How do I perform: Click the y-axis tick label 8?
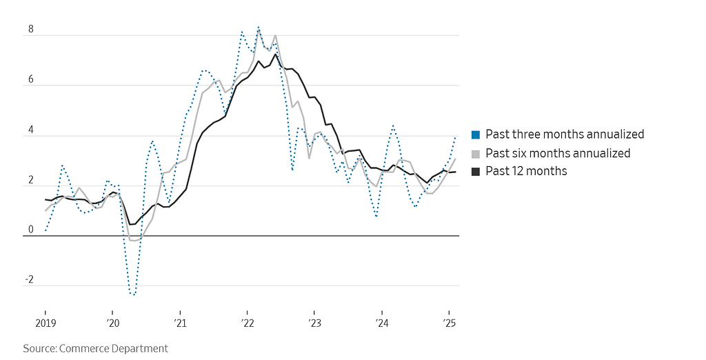(30, 30)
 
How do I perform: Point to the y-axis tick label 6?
(30, 79)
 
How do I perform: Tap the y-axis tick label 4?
(30, 130)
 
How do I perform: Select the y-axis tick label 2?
(30, 180)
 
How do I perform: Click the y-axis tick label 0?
(30, 230)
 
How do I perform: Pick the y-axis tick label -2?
(30, 280)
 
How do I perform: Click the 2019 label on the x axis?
(45, 322)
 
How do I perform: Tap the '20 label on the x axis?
(112, 322)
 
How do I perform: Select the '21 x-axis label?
(179, 322)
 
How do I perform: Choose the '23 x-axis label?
(314, 322)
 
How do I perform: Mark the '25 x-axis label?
(448, 322)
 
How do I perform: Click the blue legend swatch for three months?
(476, 134)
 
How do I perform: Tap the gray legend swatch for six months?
(476, 153)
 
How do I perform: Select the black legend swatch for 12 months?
(476, 171)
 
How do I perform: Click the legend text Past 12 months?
(526, 171)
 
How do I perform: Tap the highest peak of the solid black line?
(275, 54)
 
